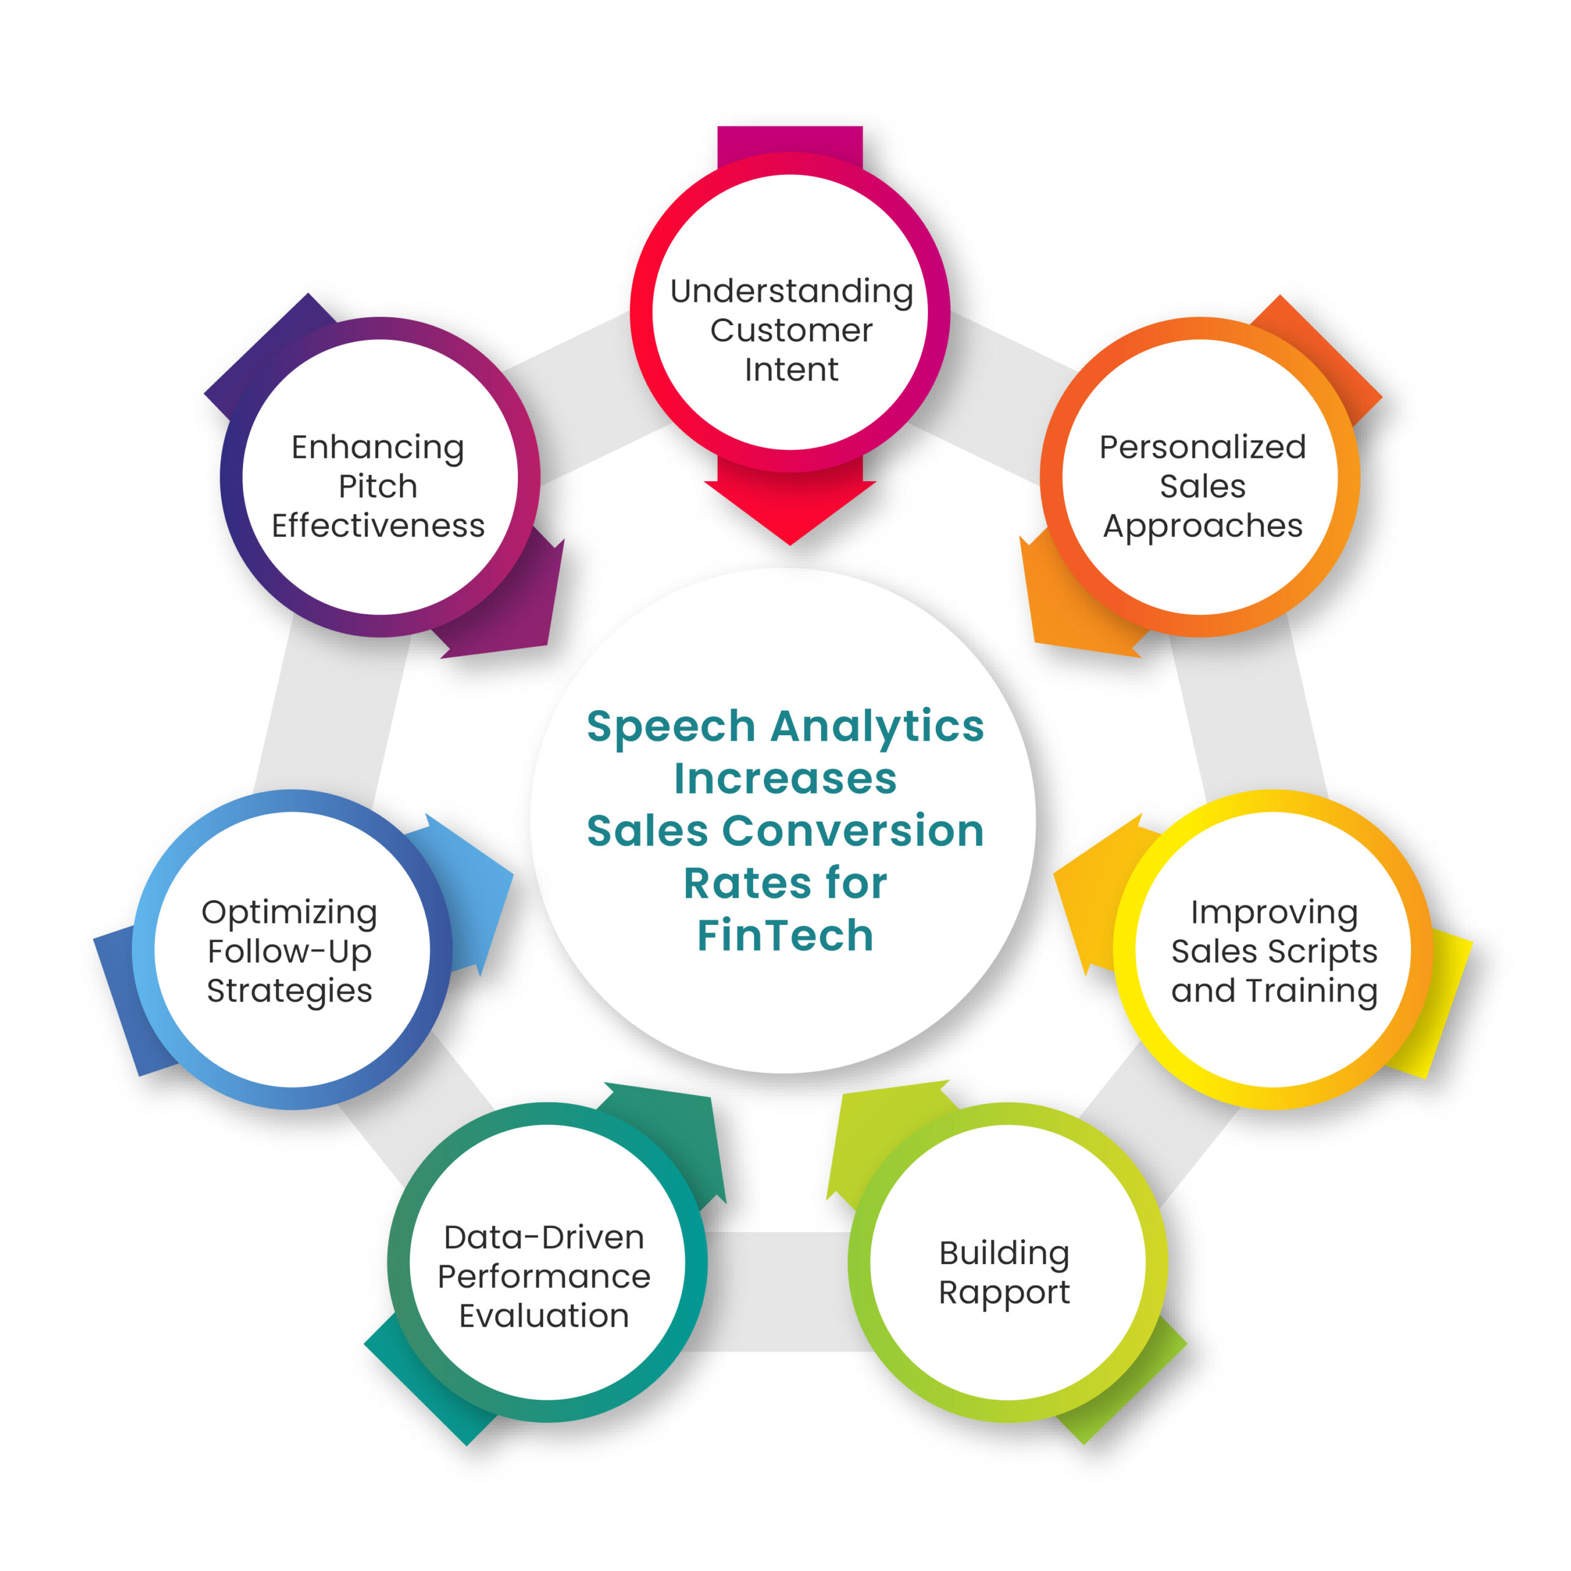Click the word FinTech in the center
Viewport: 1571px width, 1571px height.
tap(785, 935)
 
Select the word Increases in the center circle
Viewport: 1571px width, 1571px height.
tap(785, 778)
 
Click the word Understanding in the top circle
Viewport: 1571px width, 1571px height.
tap(791, 291)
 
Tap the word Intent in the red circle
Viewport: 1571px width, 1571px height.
tap(791, 370)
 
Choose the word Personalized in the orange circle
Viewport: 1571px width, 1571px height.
tap(1202, 447)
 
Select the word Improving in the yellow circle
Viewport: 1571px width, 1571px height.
tap(1273, 913)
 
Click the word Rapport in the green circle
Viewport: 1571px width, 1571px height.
tap(1003, 1293)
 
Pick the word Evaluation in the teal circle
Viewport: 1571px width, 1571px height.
tap(544, 1316)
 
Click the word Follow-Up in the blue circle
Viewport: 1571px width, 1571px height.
tap(290, 951)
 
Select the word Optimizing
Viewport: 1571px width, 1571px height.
tap(290, 913)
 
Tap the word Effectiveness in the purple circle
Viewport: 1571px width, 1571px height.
tap(378, 526)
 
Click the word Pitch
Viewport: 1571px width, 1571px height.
tap(378, 486)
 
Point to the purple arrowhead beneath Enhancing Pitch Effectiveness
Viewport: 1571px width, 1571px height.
tap(520, 610)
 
